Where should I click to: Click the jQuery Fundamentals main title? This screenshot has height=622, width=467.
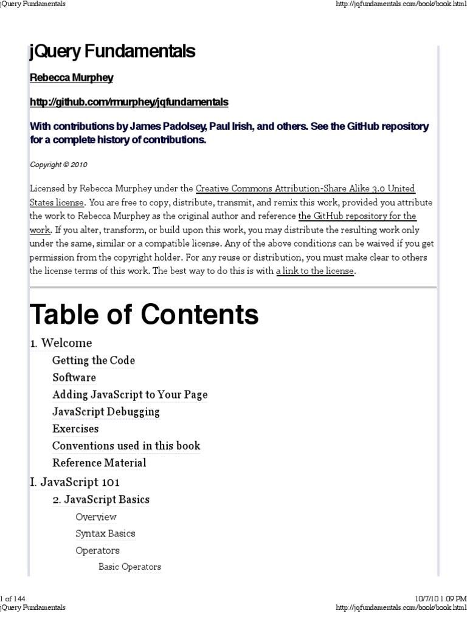(x=112, y=52)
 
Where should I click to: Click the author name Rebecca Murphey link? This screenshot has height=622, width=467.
(x=72, y=78)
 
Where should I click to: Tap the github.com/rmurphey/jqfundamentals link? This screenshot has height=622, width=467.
(x=129, y=102)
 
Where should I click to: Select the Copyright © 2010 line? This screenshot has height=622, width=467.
(x=60, y=165)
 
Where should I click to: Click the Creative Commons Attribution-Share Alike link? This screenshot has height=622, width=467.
(x=305, y=189)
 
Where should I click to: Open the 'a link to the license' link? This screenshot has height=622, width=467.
(x=314, y=271)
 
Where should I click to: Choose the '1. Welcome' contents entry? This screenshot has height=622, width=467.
(x=61, y=343)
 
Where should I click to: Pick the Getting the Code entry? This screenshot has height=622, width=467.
(x=94, y=360)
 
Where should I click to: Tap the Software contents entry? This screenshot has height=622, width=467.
(x=74, y=377)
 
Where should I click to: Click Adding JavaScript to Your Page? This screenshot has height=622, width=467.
(x=130, y=394)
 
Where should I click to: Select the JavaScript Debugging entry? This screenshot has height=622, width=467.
(x=106, y=411)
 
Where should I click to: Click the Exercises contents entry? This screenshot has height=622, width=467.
(x=75, y=428)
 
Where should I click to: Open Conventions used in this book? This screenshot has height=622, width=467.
(x=126, y=445)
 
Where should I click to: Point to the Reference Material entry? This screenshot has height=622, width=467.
(x=99, y=462)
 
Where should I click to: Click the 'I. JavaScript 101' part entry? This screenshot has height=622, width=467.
(x=75, y=482)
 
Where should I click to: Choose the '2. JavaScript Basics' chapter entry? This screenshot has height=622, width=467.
(x=101, y=500)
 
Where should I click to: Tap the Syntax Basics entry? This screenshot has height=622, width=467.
(x=105, y=533)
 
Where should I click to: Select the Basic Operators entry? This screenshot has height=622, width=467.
(x=130, y=567)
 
